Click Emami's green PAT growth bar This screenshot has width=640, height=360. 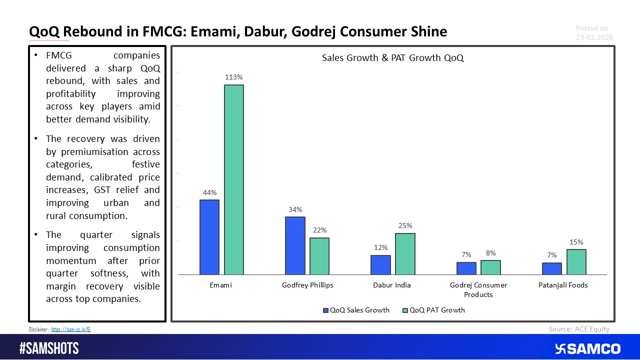coord(233,180)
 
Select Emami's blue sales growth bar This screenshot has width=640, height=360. coord(209,237)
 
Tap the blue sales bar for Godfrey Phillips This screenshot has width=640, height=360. coord(295,245)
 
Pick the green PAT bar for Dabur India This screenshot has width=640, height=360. coord(405,254)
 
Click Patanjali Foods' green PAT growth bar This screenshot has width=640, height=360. coord(576,262)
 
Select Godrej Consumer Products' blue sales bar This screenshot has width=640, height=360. coord(466,268)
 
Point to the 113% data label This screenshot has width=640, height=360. coord(233,77)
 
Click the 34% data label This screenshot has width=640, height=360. coord(295,209)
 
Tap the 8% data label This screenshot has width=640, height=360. coord(490,253)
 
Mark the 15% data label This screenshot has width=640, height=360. coord(576,242)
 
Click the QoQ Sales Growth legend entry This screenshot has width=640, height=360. coord(356,310)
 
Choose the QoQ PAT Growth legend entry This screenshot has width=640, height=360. coord(433,310)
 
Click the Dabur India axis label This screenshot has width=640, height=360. coord(392,285)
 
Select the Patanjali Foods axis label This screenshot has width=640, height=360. coord(563,285)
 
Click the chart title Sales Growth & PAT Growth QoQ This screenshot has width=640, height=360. coord(392,58)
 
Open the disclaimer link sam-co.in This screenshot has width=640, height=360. coord(71,329)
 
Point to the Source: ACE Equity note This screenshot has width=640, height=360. coord(579,329)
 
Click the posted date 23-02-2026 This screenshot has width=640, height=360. coord(594,37)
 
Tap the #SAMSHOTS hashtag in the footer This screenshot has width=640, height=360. coord(49,348)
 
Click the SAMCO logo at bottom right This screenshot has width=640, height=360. coord(587,348)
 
